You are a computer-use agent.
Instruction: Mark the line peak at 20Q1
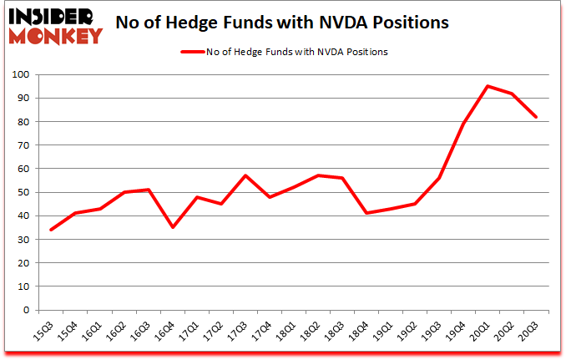pos(487,86)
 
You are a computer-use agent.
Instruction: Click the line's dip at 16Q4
pos(172,227)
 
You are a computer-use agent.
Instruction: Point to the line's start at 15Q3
pos(51,230)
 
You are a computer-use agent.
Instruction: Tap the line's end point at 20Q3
pos(535,117)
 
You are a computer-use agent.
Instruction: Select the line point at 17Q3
pos(245,175)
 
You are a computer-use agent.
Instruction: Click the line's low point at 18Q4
pos(366,213)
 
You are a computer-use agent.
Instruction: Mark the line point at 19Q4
pos(462,124)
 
